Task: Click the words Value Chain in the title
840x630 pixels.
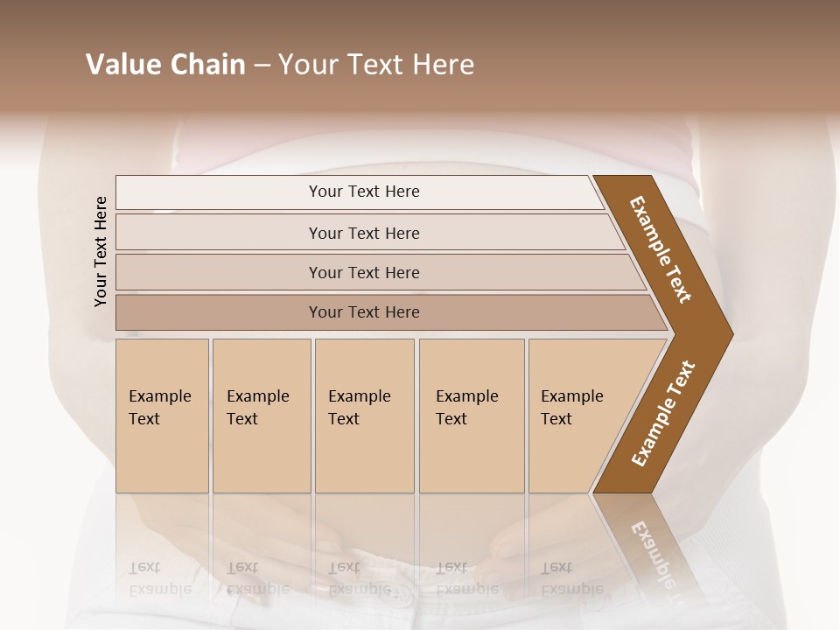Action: (165, 65)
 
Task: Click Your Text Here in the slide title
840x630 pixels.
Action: (376, 65)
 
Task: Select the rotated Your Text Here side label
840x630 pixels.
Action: (101, 251)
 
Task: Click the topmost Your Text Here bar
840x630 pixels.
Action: (363, 192)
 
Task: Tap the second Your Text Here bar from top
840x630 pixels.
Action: (363, 233)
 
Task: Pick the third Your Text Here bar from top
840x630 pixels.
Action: (363, 272)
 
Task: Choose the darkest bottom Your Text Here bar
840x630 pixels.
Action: (363, 312)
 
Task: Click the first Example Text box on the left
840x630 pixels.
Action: (162, 416)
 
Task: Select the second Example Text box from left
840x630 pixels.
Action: (261, 416)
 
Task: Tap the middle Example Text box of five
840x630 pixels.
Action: (364, 416)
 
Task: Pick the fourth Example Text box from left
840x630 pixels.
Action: (471, 416)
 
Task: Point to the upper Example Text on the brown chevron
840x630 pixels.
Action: (661, 249)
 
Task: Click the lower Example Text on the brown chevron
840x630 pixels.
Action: (663, 414)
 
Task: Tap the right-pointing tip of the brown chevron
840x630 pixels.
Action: (730, 334)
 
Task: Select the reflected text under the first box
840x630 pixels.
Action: (160, 578)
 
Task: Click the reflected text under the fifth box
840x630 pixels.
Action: (571, 578)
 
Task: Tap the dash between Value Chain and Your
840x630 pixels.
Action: (262, 65)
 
